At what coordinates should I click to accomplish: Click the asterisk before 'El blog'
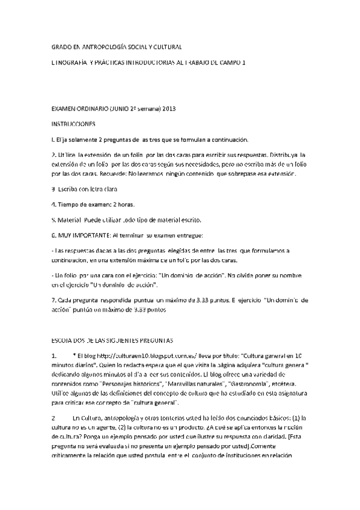(x=73, y=355)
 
